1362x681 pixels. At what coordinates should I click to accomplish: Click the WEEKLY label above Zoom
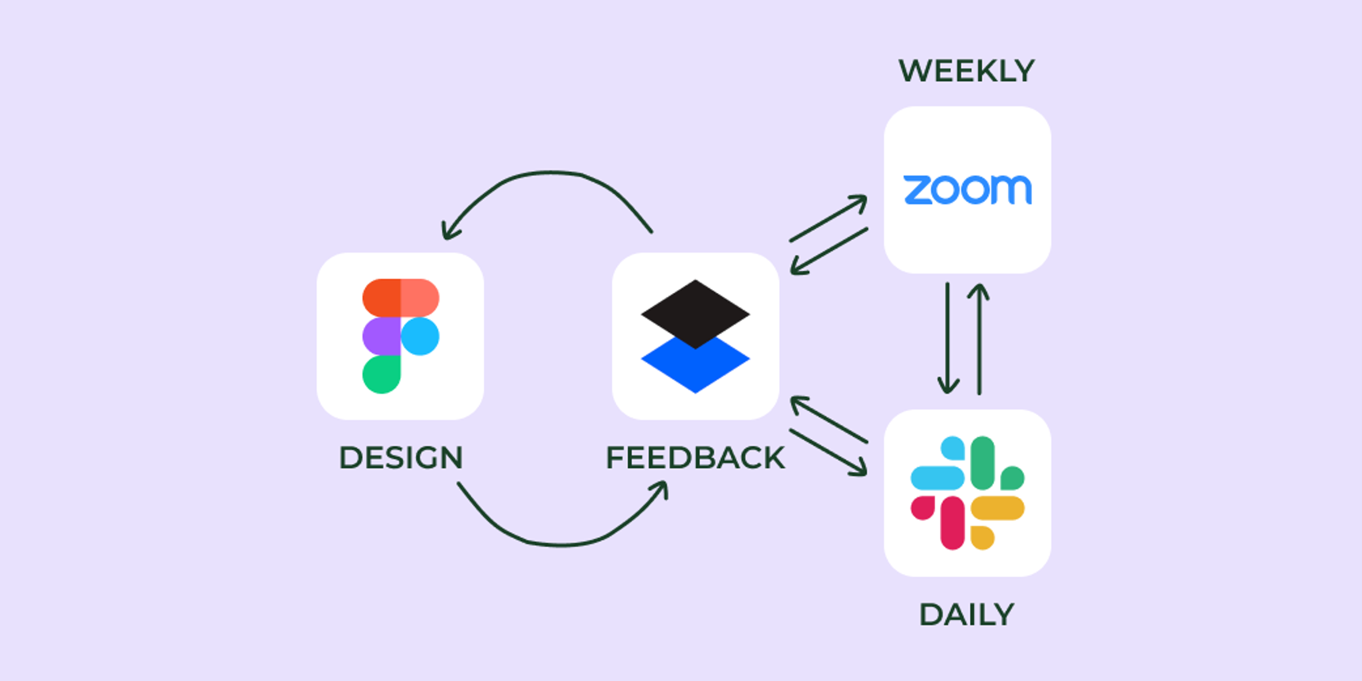tap(966, 71)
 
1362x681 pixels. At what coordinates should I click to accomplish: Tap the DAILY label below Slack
tap(966, 615)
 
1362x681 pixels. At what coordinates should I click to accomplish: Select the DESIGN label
tap(401, 458)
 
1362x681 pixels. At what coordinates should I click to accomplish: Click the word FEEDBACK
tap(694, 458)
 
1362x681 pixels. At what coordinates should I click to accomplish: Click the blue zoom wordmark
tap(967, 190)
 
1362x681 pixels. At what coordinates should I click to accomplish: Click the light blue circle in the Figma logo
tap(420, 337)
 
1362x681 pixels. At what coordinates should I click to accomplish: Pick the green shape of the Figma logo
tap(381, 375)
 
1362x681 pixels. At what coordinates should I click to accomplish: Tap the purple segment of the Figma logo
tap(381, 337)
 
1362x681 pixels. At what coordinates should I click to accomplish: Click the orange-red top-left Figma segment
tap(381, 298)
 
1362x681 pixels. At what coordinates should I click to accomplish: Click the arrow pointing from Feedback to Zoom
tap(827, 219)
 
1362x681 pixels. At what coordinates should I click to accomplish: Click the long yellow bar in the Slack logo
tap(998, 508)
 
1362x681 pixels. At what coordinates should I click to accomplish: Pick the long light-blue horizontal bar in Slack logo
tap(938, 477)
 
